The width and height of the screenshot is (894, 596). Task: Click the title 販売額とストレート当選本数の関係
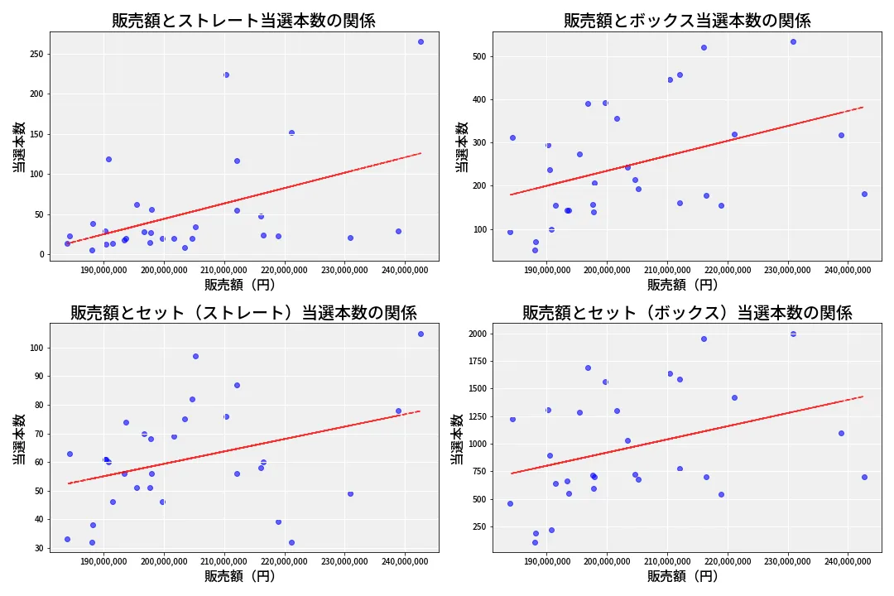[x=243, y=21]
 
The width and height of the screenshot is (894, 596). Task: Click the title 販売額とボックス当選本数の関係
[x=687, y=21]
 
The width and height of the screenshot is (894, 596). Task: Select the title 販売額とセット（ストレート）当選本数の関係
[x=243, y=312]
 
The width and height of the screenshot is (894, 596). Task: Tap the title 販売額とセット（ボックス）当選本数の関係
[x=687, y=312]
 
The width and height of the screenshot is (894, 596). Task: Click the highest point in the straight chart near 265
[x=421, y=41]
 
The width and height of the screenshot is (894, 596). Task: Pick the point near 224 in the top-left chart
[x=226, y=74]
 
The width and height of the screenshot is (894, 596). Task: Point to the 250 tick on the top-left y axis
[x=36, y=54]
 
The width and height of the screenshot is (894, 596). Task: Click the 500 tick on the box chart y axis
[x=480, y=56]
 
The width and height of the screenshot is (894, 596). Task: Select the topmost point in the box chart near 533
[x=793, y=41]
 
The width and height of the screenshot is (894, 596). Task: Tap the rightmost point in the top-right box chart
[x=864, y=194]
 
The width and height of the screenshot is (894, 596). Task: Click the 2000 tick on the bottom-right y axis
[x=477, y=334]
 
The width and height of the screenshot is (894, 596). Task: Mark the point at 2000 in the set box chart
[x=793, y=334]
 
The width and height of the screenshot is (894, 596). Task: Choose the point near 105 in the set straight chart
[x=421, y=334]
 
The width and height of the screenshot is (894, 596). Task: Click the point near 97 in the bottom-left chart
[x=195, y=356]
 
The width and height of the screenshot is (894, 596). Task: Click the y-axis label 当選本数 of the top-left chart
[x=18, y=147]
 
